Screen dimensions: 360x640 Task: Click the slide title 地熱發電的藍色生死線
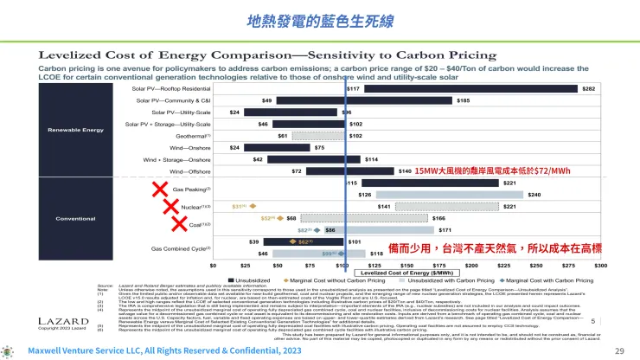pos(319,19)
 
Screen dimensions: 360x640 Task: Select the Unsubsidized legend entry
pos(251,280)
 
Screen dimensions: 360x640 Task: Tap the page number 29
pos(618,351)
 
